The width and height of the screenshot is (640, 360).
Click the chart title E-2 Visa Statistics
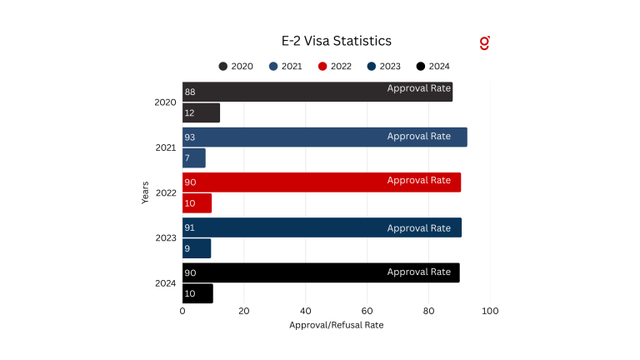[x=336, y=40]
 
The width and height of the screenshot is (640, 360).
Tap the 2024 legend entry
[x=432, y=67]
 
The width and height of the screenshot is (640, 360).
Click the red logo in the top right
[x=485, y=42]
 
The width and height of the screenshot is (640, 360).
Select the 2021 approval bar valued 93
[x=324, y=137]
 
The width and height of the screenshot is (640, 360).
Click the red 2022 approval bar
[x=321, y=182]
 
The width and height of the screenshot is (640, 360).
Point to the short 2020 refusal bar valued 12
[x=201, y=112]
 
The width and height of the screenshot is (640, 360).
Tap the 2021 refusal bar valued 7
[x=193, y=158]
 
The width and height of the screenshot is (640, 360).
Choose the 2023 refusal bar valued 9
[x=197, y=248]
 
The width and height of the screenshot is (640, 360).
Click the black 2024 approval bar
[x=320, y=272]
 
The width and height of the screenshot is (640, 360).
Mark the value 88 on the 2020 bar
[x=190, y=92]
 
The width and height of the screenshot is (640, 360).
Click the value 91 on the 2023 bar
[x=190, y=227]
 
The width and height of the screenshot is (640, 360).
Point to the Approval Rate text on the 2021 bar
[x=418, y=137]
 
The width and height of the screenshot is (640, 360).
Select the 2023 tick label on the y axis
[x=165, y=238]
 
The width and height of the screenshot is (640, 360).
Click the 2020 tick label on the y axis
[x=165, y=102]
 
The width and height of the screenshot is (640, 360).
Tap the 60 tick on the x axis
[x=367, y=311]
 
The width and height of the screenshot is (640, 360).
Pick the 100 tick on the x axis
[x=490, y=311]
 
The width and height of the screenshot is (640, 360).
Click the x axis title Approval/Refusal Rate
[x=336, y=324]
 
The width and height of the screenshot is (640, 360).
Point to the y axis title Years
[x=145, y=192]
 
